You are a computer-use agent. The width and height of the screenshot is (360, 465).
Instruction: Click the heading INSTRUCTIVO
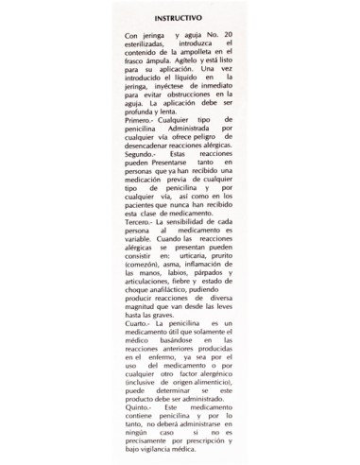(x=180, y=17)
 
